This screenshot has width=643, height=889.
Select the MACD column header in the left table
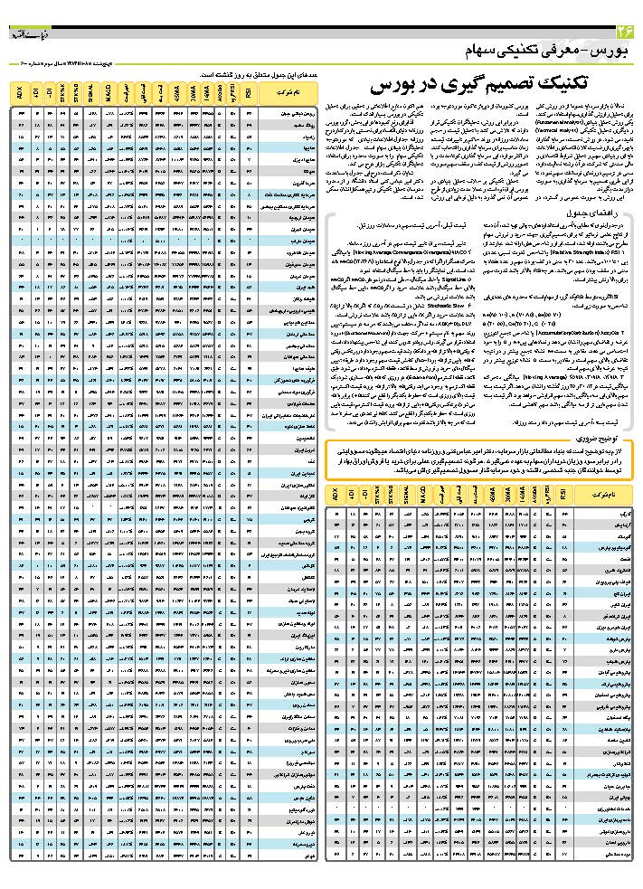109,92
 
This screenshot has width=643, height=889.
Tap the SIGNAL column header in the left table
93,92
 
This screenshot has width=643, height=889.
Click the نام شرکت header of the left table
285,92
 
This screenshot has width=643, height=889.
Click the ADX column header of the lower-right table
335,496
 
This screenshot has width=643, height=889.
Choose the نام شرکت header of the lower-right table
601,496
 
